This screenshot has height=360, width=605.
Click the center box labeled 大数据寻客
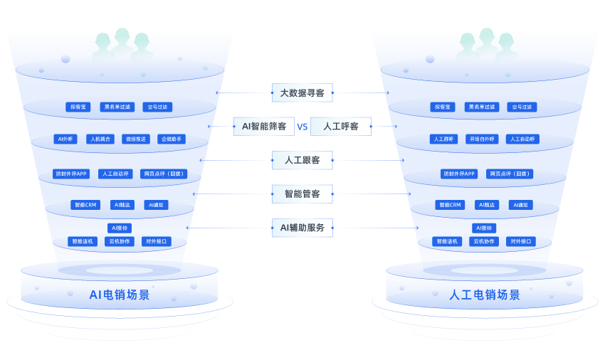click(x=302, y=92)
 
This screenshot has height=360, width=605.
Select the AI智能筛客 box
click(x=264, y=126)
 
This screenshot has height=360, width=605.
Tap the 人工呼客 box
click(x=340, y=126)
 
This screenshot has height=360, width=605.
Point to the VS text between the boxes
click(x=302, y=127)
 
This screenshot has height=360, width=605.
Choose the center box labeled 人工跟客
click(x=302, y=160)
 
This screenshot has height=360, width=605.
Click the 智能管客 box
click(x=302, y=194)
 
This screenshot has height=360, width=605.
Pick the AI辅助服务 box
click(x=302, y=228)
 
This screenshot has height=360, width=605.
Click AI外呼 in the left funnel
click(x=65, y=139)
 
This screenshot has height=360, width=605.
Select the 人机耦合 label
click(x=100, y=139)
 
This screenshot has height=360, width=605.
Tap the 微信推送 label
click(x=136, y=139)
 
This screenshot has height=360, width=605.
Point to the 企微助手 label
click(x=172, y=139)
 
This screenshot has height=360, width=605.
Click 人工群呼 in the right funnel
click(x=443, y=139)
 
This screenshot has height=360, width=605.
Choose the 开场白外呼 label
click(x=482, y=139)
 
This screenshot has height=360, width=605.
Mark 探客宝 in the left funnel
click(x=78, y=107)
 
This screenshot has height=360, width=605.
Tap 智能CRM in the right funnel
click(x=450, y=205)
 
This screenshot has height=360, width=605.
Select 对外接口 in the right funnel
click(x=521, y=241)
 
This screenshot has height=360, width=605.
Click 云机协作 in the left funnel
click(x=120, y=241)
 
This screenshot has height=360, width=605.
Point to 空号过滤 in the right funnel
click(x=522, y=107)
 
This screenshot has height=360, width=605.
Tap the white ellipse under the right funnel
click(x=484, y=270)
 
